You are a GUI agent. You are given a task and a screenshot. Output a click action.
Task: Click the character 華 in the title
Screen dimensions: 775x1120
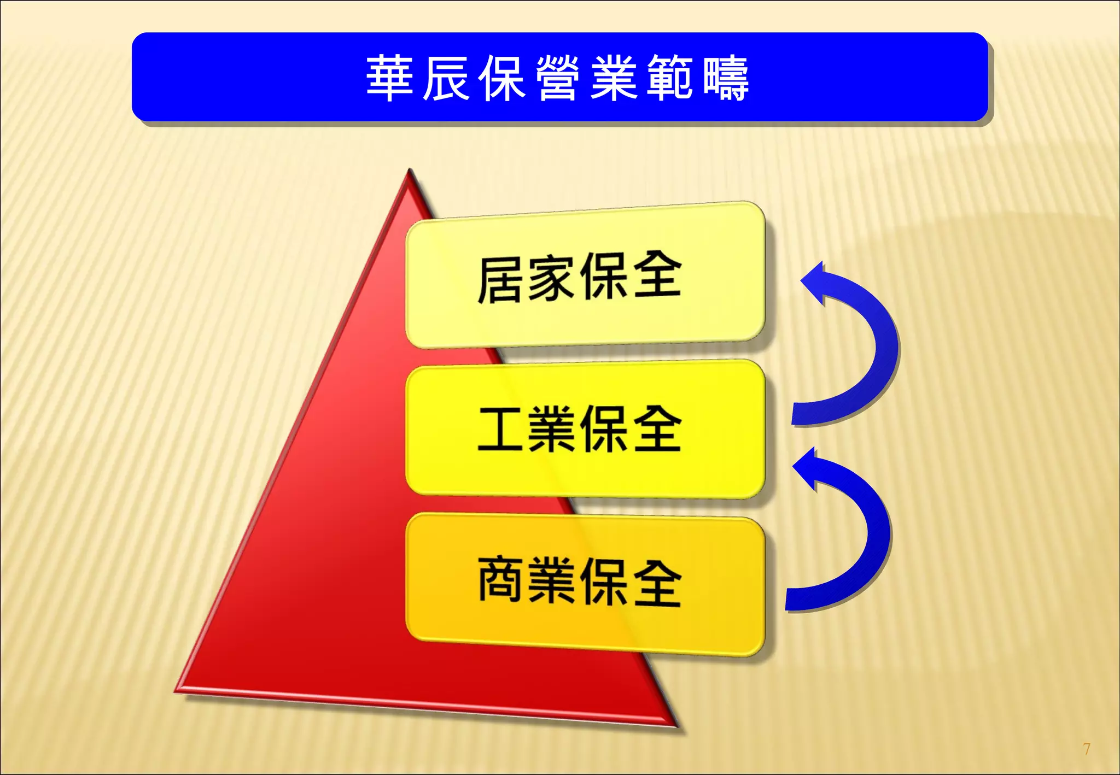point(389,78)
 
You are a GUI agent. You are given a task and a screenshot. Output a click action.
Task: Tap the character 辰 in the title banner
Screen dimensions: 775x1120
point(446,78)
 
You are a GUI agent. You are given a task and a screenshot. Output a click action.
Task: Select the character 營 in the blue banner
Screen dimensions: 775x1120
point(558,78)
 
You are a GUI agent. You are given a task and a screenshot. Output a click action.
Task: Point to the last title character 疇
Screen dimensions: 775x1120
point(726,78)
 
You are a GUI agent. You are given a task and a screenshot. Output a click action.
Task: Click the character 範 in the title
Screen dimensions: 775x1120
point(670,78)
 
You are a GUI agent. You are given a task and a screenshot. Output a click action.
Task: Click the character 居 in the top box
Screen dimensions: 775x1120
point(499,279)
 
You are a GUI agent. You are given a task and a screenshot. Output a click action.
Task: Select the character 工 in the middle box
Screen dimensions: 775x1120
point(499,429)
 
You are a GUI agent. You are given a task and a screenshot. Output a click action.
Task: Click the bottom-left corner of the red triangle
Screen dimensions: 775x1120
point(178,690)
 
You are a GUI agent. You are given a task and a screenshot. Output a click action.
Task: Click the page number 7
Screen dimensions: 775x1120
point(1086,748)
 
